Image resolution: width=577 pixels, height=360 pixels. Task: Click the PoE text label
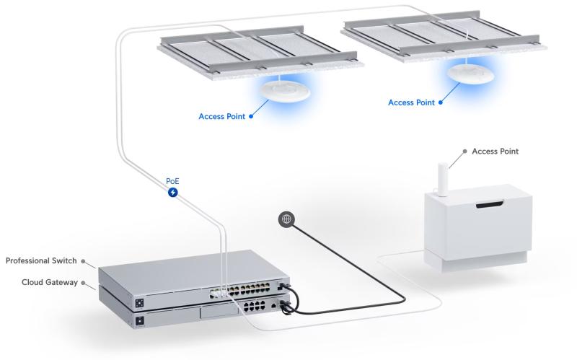coord(172,181)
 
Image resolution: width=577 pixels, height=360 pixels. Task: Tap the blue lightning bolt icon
coord(172,193)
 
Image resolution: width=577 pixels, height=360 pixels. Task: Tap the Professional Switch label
coord(41,260)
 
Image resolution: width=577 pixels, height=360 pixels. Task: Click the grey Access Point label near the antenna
coord(495,152)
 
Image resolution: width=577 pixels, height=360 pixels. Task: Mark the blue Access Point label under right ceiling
coord(411,102)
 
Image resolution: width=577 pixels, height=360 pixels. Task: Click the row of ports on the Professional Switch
coord(237,293)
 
